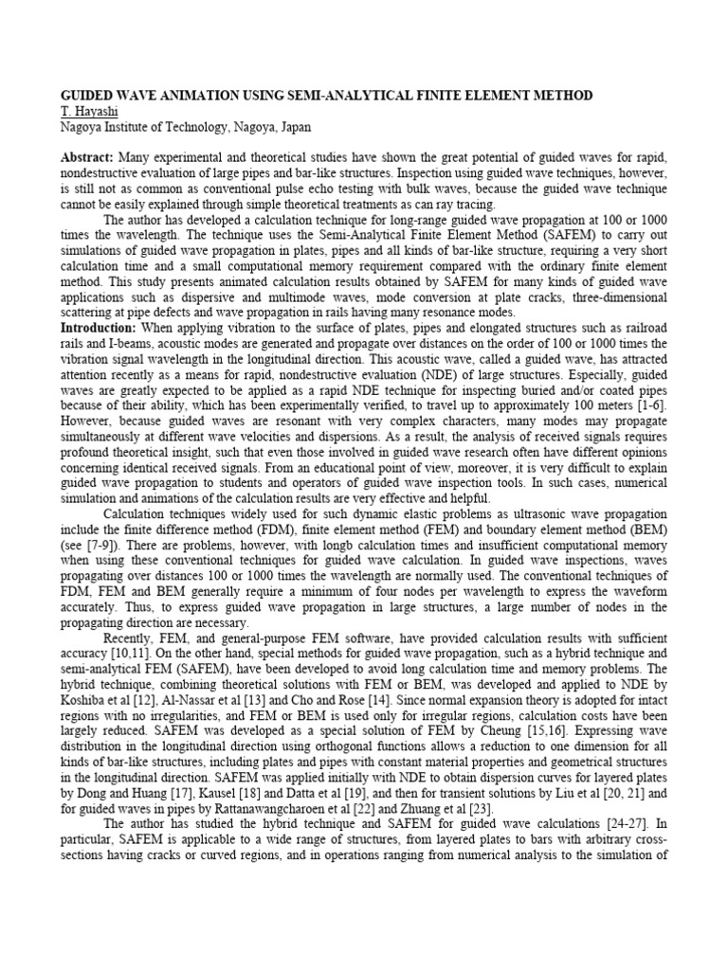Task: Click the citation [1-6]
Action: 646,403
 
